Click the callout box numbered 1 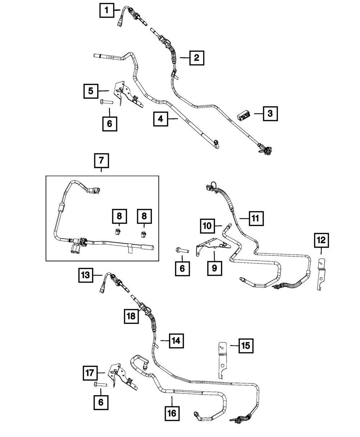click(106, 10)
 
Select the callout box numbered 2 click(196, 58)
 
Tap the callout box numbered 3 click(270, 113)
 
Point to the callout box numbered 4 click(161, 119)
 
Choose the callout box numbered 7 click(101, 161)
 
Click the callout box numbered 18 click(131, 316)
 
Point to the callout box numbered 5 click(91, 91)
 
